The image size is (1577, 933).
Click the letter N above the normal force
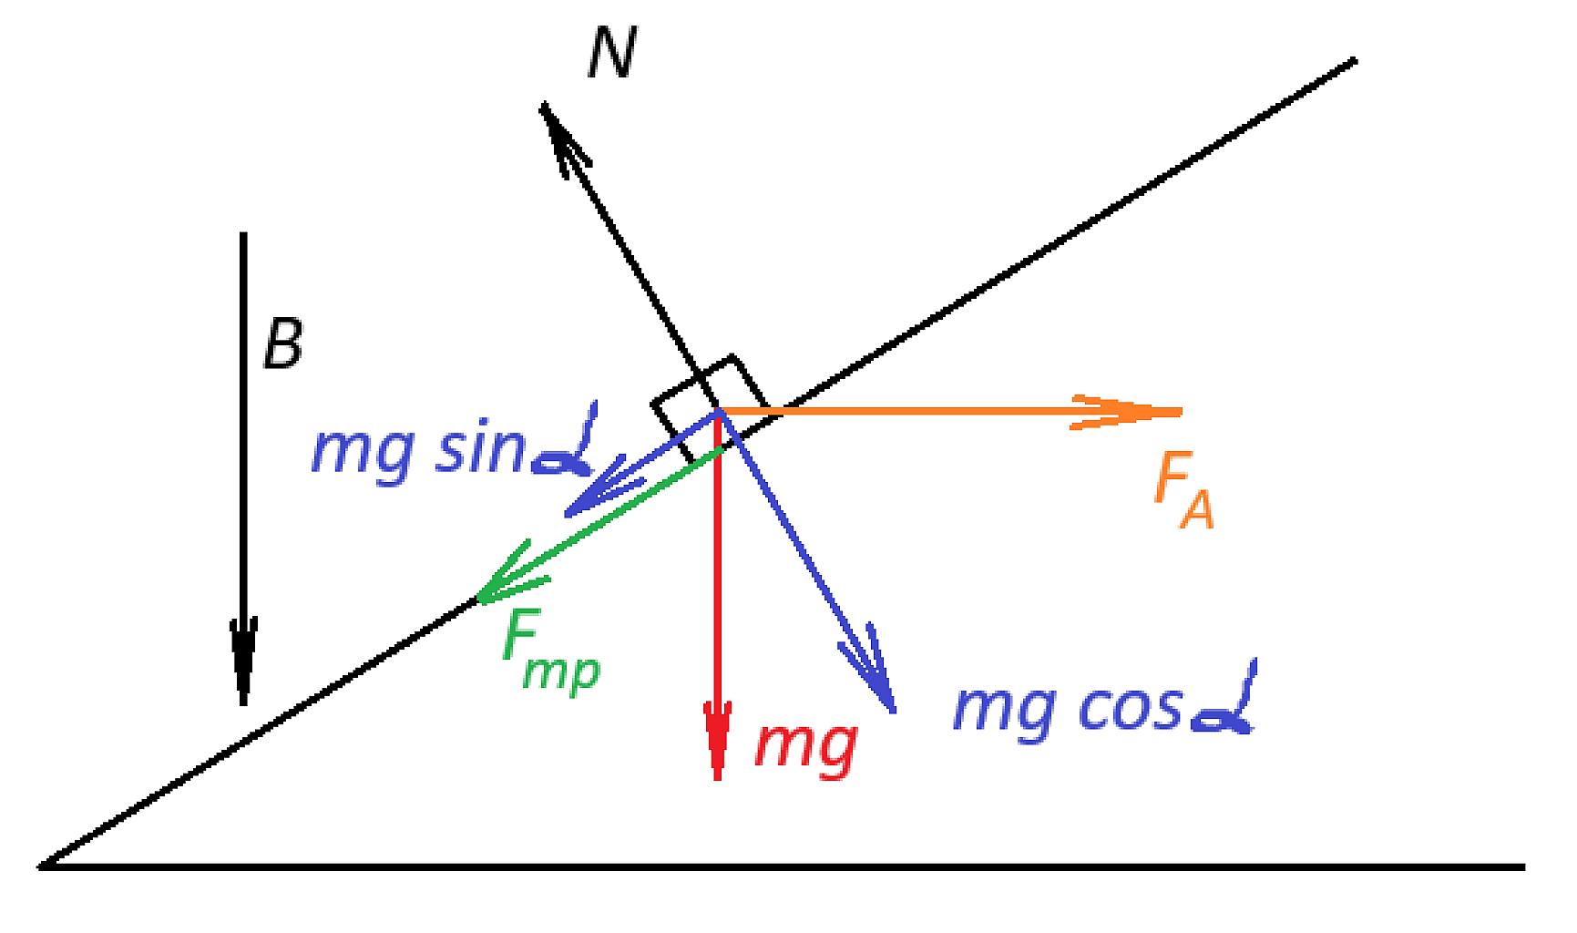tap(610, 53)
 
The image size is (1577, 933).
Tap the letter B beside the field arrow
tap(282, 345)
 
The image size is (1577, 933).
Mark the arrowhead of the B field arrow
tap(243, 665)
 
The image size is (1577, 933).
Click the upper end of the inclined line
tap(1356, 61)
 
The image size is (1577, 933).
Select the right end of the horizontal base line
tap(1524, 866)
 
